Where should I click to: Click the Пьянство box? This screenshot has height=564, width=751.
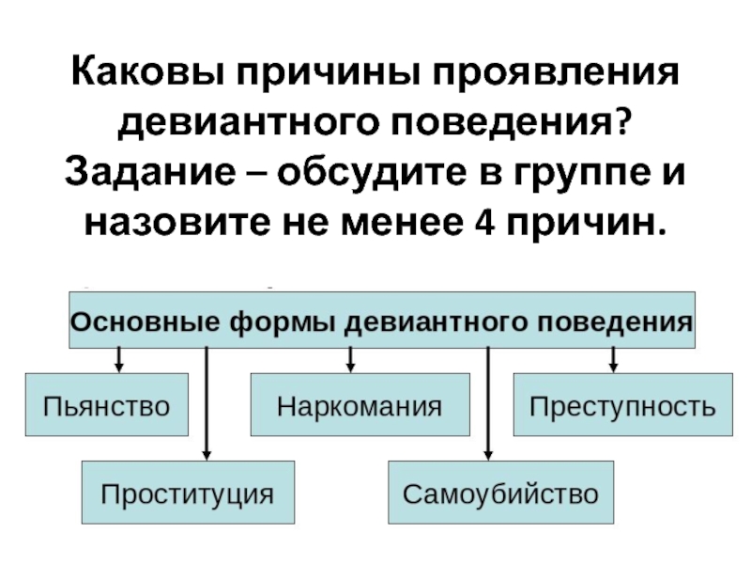click(106, 405)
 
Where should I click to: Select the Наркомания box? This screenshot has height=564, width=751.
click(360, 405)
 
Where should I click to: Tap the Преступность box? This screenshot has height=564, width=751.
click(622, 405)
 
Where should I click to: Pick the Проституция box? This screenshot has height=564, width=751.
click(188, 492)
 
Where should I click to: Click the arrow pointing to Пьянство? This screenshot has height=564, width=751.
click(119, 359)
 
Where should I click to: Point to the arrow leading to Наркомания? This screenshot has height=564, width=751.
click(349, 359)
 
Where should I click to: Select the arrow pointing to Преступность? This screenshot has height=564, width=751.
click(613, 359)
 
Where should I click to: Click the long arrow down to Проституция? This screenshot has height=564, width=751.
click(206, 404)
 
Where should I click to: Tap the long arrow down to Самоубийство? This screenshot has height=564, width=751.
click(488, 404)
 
